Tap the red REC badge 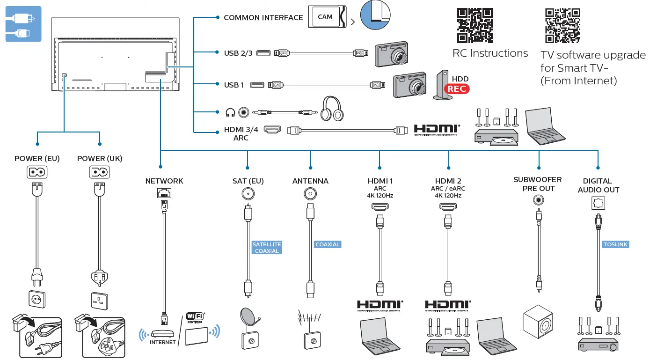pos(457,88)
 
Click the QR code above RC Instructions pos(475,25)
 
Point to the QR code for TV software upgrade pos(563,25)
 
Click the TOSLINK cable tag pos(615,244)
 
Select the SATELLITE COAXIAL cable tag pos(267,248)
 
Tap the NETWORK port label pos(164,181)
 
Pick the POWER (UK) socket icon pos(99,172)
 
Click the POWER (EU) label pos(37,159)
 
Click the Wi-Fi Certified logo pos(196,318)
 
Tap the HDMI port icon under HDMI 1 pos(379,206)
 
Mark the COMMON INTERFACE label pos(263,18)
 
